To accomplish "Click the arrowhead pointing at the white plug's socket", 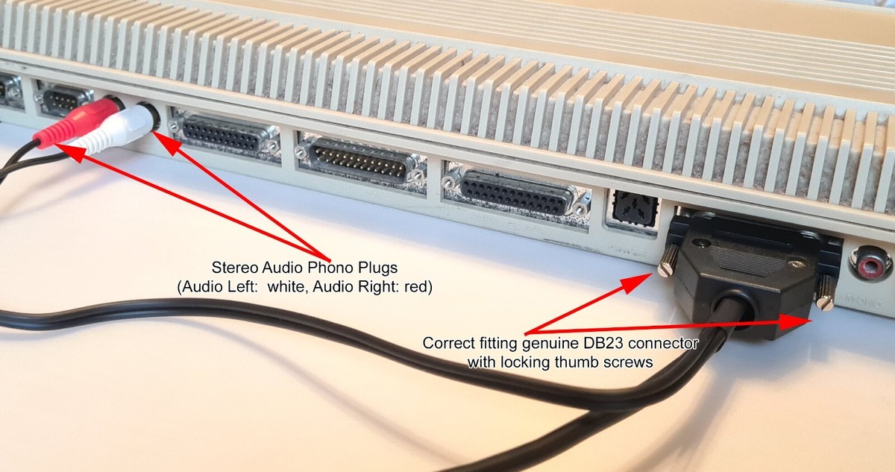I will [160, 139].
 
